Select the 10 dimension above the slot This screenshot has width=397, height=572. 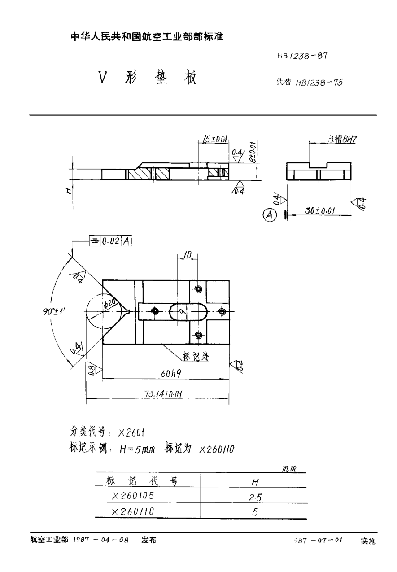point(188,255)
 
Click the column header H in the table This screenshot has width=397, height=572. point(254,482)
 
